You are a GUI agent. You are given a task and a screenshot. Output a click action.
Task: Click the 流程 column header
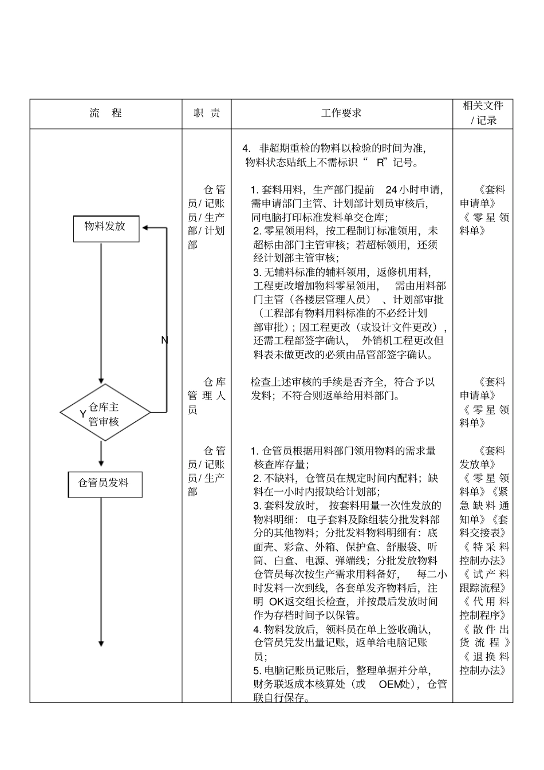coord(106,113)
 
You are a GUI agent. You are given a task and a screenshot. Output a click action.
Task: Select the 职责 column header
coord(207,113)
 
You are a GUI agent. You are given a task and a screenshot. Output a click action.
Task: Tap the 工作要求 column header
coord(341,113)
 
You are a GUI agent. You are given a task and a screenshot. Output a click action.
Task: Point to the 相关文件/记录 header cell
coord(483,113)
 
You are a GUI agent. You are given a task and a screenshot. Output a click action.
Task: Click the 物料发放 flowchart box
coord(106,227)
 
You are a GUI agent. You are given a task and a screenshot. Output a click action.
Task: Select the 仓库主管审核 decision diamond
coord(105,413)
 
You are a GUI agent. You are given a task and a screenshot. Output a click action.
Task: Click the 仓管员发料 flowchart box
coord(104,484)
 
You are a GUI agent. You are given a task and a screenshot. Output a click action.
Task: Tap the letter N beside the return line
coord(164,341)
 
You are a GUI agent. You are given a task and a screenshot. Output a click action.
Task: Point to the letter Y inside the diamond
coord(83,414)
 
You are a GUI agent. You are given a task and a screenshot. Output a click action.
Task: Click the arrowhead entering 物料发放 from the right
coord(145,228)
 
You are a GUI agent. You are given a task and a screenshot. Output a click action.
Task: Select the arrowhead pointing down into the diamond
coord(101,381)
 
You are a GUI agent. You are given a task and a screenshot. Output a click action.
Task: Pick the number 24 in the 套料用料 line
coord(392,190)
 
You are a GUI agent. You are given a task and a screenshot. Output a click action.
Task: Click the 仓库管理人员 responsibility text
coord(207,396)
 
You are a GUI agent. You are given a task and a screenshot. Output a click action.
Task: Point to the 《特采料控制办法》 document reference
coord(484,554)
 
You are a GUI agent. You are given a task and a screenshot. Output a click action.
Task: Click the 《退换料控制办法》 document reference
coord(484,664)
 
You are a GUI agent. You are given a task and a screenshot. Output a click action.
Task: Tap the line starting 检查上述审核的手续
coord(342,382)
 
